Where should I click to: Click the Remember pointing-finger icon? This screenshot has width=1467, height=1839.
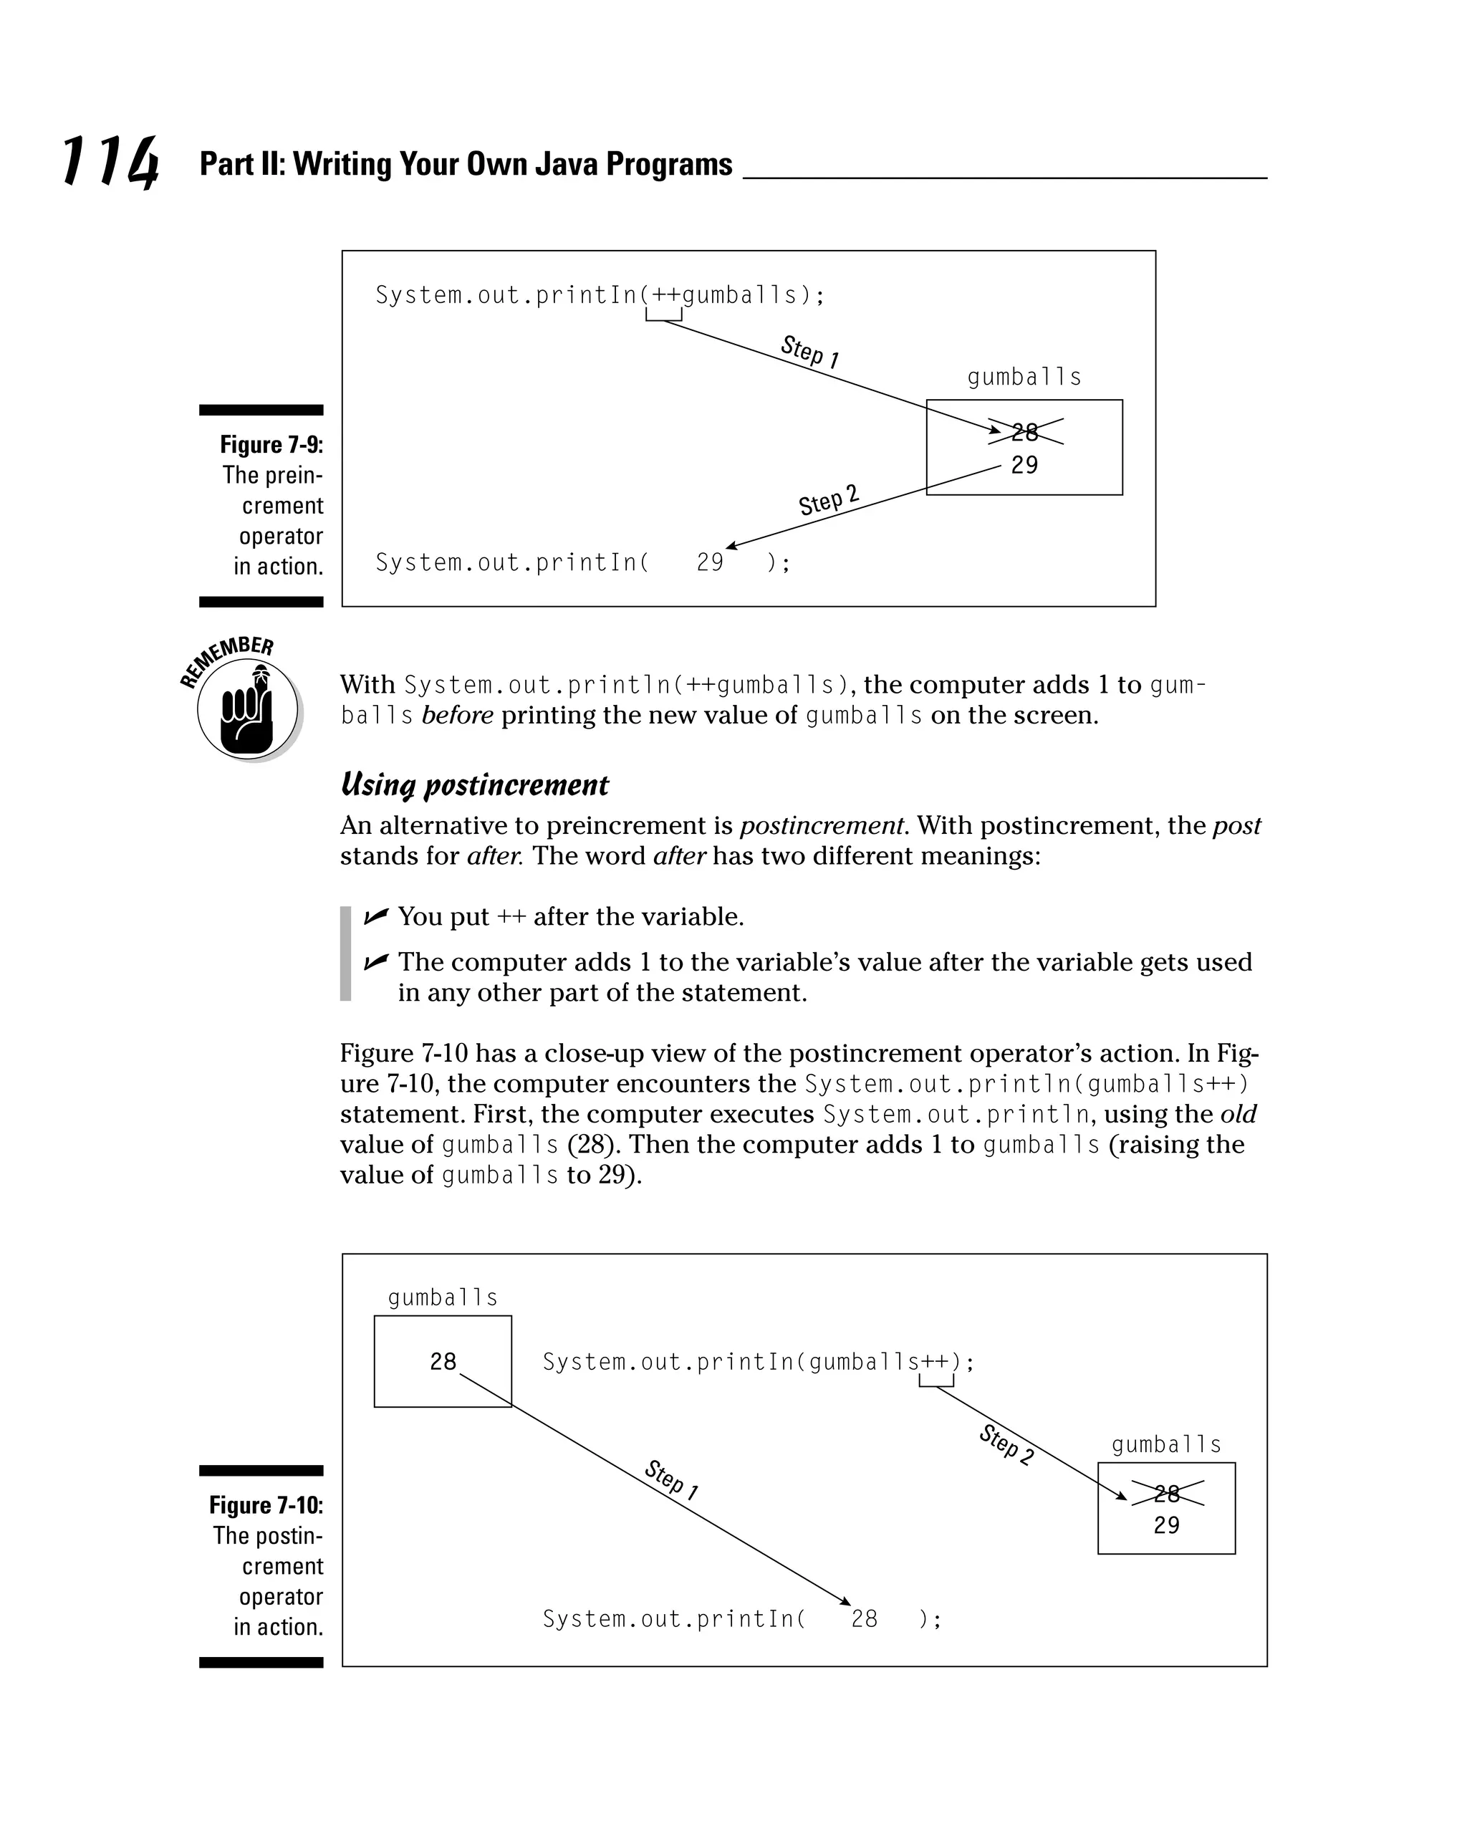click(247, 709)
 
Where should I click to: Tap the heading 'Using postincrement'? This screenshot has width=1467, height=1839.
click(474, 784)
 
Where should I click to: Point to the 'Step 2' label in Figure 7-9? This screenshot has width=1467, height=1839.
click(828, 501)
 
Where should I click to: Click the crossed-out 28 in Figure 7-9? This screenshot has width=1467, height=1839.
click(1024, 433)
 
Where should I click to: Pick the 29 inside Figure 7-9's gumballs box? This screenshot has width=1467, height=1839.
click(1024, 465)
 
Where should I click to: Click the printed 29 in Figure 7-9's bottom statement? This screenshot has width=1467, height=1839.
click(710, 562)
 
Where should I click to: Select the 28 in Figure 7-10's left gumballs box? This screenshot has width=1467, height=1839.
click(443, 1361)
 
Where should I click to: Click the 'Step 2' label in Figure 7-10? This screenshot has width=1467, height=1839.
click(1006, 1444)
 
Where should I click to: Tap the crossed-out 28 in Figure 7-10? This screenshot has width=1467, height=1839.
click(1166, 1493)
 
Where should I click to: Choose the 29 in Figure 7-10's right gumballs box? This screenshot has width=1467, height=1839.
click(1166, 1525)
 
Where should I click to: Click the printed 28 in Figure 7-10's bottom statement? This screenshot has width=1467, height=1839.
click(864, 1619)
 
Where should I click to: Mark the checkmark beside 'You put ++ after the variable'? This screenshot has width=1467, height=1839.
click(375, 917)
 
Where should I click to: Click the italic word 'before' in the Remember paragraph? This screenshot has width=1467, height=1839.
click(457, 715)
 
